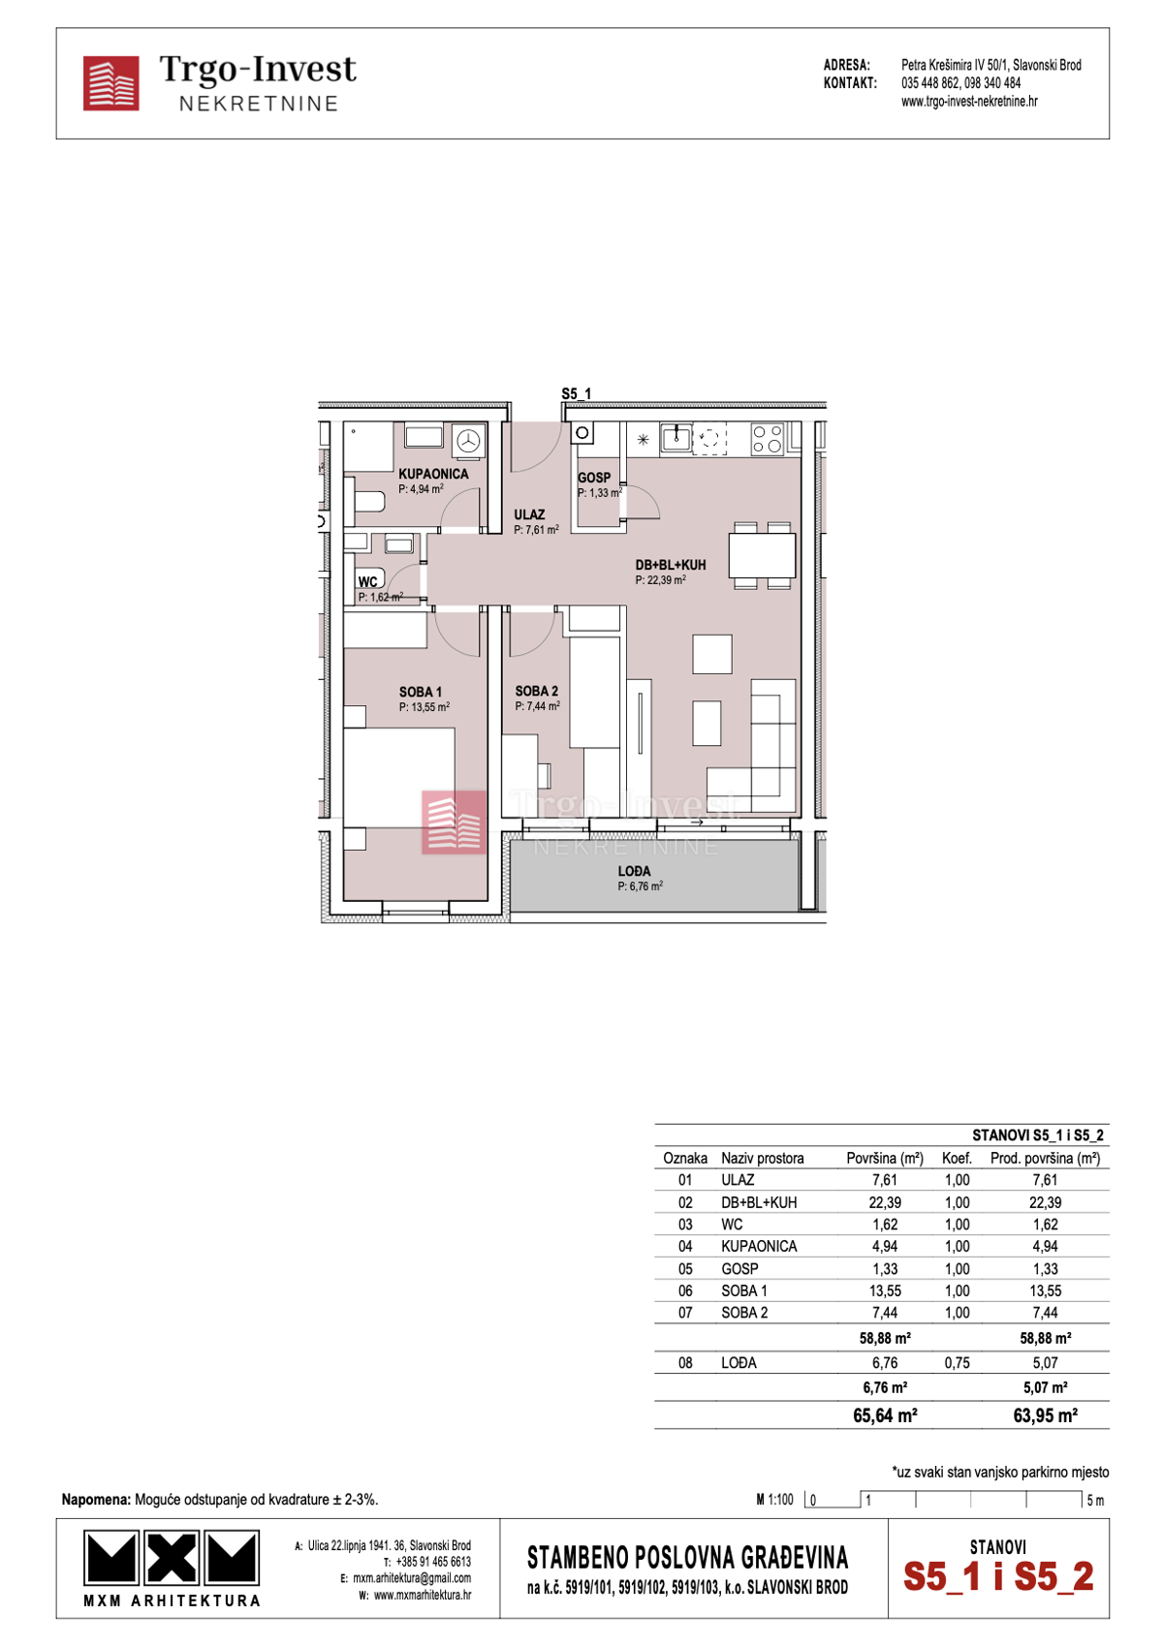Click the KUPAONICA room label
coord(433,474)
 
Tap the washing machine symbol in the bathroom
coord(469,441)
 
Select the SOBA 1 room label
coord(421,692)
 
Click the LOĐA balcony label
coord(635,871)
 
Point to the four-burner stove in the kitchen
coord(768,440)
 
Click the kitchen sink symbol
coord(676,439)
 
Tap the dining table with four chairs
coord(762,556)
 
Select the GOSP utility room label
coord(594,478)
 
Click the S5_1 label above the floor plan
coord(576,393)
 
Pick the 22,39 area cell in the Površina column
coord(884,1202)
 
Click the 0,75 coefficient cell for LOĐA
coord(957,1362)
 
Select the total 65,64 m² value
coord(884,1415)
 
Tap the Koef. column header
coord(957,1158)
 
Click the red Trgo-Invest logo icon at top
coord(110,83)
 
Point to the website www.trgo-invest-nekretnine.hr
coord(969,102)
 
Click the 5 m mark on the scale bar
coord(1093,1500)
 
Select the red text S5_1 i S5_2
coord(998,1576)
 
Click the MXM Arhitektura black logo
coord(172,1558)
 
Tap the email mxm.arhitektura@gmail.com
coord(411,1578)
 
